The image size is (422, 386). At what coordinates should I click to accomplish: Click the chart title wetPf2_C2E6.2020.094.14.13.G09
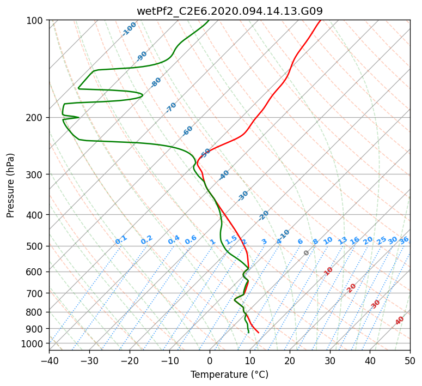pyautogui.click(x=230, y=11)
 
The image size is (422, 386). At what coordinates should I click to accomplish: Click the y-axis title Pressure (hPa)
pyautogui.click(x=10, y=185)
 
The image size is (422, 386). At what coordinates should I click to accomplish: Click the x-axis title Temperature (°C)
pyautogui.click(x=230, y=375)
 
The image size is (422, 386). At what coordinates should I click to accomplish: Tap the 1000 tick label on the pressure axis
pyautogui.click(x=35, y=343)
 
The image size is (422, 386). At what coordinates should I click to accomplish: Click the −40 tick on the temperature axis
pyautogui.click(x=49, y=360)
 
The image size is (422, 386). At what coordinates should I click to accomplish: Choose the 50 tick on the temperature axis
pyautogui.click(x=410, y=360)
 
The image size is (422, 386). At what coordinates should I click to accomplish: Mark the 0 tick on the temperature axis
pyautogui.click(x=210, y=360)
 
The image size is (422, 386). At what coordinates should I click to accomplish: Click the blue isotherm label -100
pyautogui.click(x=129, y=29)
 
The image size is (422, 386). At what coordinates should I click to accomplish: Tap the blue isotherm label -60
pyautogui.click(x=187, y=131)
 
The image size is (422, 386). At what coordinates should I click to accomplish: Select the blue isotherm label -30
pyautogui.click(x=243, y=195)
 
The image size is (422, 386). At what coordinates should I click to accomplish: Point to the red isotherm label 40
pyautogui.click(x=399, y=321)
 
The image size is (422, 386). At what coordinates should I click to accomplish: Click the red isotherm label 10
pyautogui.click(x=328, y=271)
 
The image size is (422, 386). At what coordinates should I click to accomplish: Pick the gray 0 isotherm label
pyautogui.click(x=306, y=253)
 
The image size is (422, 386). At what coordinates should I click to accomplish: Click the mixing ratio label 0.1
pyautogui.click(x=121, y=240)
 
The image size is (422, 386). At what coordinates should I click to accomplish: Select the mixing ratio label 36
pyautogui.click(x=405, y=240)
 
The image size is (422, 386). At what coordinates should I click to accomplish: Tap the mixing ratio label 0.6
pyautogui.click(x=191, y=240)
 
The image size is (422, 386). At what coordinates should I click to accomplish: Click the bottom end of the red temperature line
pyautogui.click(x=258, y=333)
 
